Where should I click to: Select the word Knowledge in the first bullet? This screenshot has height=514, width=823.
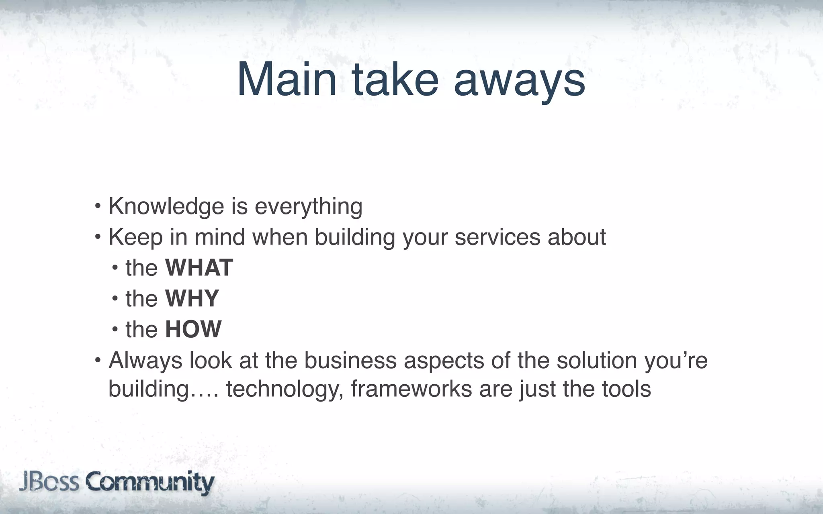166,206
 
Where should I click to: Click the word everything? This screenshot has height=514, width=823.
308,207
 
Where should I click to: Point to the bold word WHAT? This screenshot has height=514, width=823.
199,268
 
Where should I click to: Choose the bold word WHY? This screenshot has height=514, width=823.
192,298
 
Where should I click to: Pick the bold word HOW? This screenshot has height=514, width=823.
193,329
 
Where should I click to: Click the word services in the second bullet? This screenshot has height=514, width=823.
497,237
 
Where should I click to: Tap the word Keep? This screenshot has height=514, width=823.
135,237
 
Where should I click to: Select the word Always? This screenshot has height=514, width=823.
145,361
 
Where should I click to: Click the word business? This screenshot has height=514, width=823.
350,360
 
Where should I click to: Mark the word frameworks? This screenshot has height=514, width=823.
411,389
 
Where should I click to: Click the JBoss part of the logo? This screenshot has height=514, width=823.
49,481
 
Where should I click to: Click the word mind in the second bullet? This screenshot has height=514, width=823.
219,237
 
